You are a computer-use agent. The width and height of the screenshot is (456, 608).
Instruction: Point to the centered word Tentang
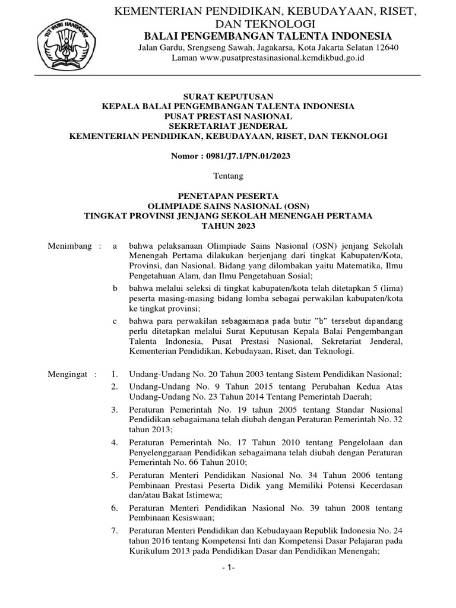228,175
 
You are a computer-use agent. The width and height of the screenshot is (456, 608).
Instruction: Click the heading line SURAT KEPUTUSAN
228,96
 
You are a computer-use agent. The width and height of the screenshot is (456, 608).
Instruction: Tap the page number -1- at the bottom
228,568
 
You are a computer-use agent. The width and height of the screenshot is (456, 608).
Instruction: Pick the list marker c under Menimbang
115,321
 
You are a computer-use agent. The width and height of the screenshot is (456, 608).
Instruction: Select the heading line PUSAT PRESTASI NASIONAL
228,116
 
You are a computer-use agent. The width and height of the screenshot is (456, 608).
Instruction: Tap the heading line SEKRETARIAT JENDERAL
228,126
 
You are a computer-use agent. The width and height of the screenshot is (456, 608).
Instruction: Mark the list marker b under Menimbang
115,288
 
